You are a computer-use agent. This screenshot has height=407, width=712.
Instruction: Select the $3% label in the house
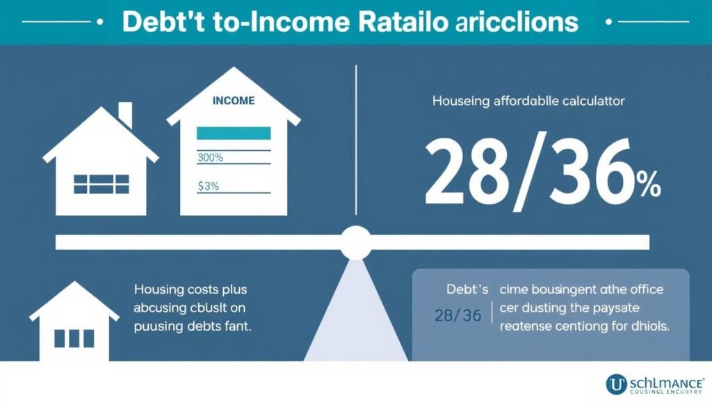click(209, 186)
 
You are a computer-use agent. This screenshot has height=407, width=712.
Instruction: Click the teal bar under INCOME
click(233, 133)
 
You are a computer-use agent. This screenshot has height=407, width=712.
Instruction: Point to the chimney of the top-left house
click(125, 115)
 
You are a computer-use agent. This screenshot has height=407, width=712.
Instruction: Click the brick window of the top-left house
click(101, 184)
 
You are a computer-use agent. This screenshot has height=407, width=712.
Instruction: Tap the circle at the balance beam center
click(356, 242)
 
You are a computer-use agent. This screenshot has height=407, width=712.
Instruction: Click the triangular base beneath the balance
click(355, 313)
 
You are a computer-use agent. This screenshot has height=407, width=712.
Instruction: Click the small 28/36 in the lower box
click(457, 315)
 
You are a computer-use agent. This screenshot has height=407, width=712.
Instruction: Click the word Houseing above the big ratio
click(460, 102)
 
